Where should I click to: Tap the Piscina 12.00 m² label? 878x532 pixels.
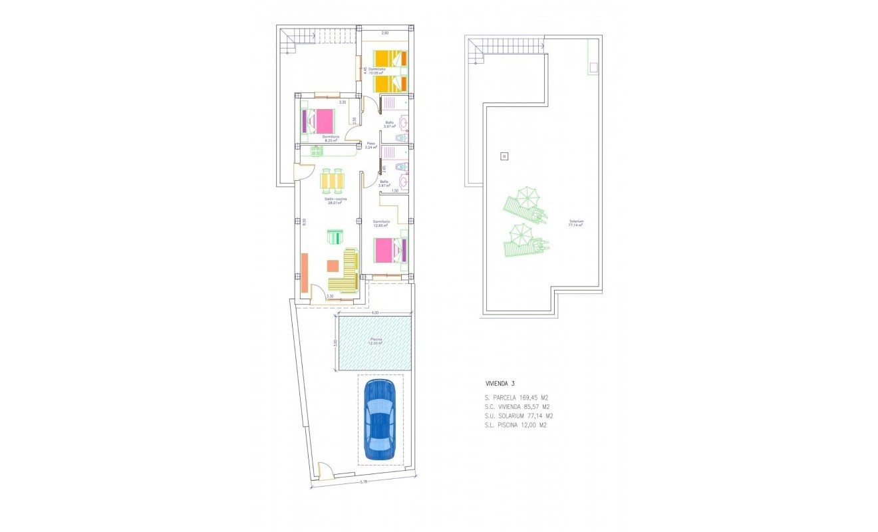[376, 342]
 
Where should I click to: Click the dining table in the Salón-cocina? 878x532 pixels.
[333, 181]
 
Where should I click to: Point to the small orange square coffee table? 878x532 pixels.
[332, 265]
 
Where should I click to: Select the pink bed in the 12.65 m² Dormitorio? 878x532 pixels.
[389, 250]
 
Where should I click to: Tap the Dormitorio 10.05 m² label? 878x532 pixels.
[377, 71]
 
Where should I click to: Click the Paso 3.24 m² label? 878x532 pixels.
[371, 146]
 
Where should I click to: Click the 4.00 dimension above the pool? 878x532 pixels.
[374, 313]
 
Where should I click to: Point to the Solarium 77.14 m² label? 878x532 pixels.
[575, 223]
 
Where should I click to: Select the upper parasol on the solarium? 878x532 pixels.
[527, 196]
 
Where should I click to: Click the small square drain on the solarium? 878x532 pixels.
[504, 157]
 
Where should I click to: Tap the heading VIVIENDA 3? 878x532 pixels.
[500, 384]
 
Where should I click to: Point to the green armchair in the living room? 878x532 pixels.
[335, 237]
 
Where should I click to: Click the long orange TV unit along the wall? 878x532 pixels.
[304, 273]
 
